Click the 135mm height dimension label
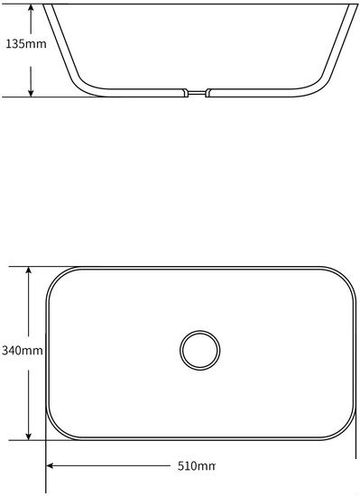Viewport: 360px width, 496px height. (x=26, y=43)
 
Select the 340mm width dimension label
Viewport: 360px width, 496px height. (x=23, y=351)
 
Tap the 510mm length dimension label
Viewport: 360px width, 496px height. (x=196, y=466)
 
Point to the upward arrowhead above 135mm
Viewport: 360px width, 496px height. (x=31, y=8)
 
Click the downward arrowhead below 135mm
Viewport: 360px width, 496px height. (x=31, y=92)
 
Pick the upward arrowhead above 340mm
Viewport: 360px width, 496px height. (x=29, y=271)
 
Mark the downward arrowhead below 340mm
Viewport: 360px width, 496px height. (x=29, y=436)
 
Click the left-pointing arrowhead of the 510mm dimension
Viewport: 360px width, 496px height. (x=51, y=465)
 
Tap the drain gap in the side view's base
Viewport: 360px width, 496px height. (x=197, y=93)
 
